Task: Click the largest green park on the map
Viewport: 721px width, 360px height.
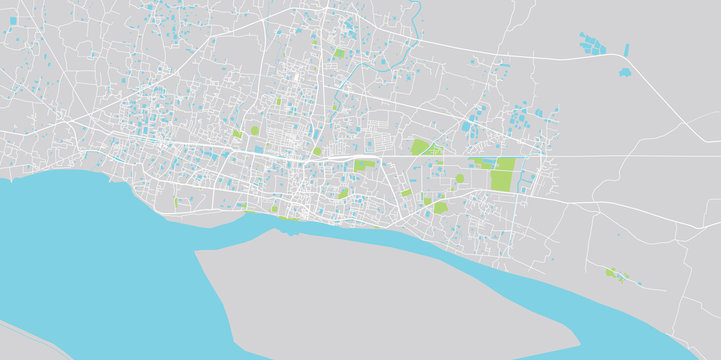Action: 503,174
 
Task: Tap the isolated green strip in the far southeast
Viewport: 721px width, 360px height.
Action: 613,272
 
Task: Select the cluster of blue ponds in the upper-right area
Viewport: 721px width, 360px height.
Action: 593,44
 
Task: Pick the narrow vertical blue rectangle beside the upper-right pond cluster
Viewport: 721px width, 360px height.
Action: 627,49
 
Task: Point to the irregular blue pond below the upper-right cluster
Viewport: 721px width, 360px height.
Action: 624,72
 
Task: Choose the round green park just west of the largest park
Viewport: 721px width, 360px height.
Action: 459,179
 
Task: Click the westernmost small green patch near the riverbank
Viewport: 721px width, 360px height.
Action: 177,203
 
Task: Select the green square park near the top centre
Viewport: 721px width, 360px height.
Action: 339,53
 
